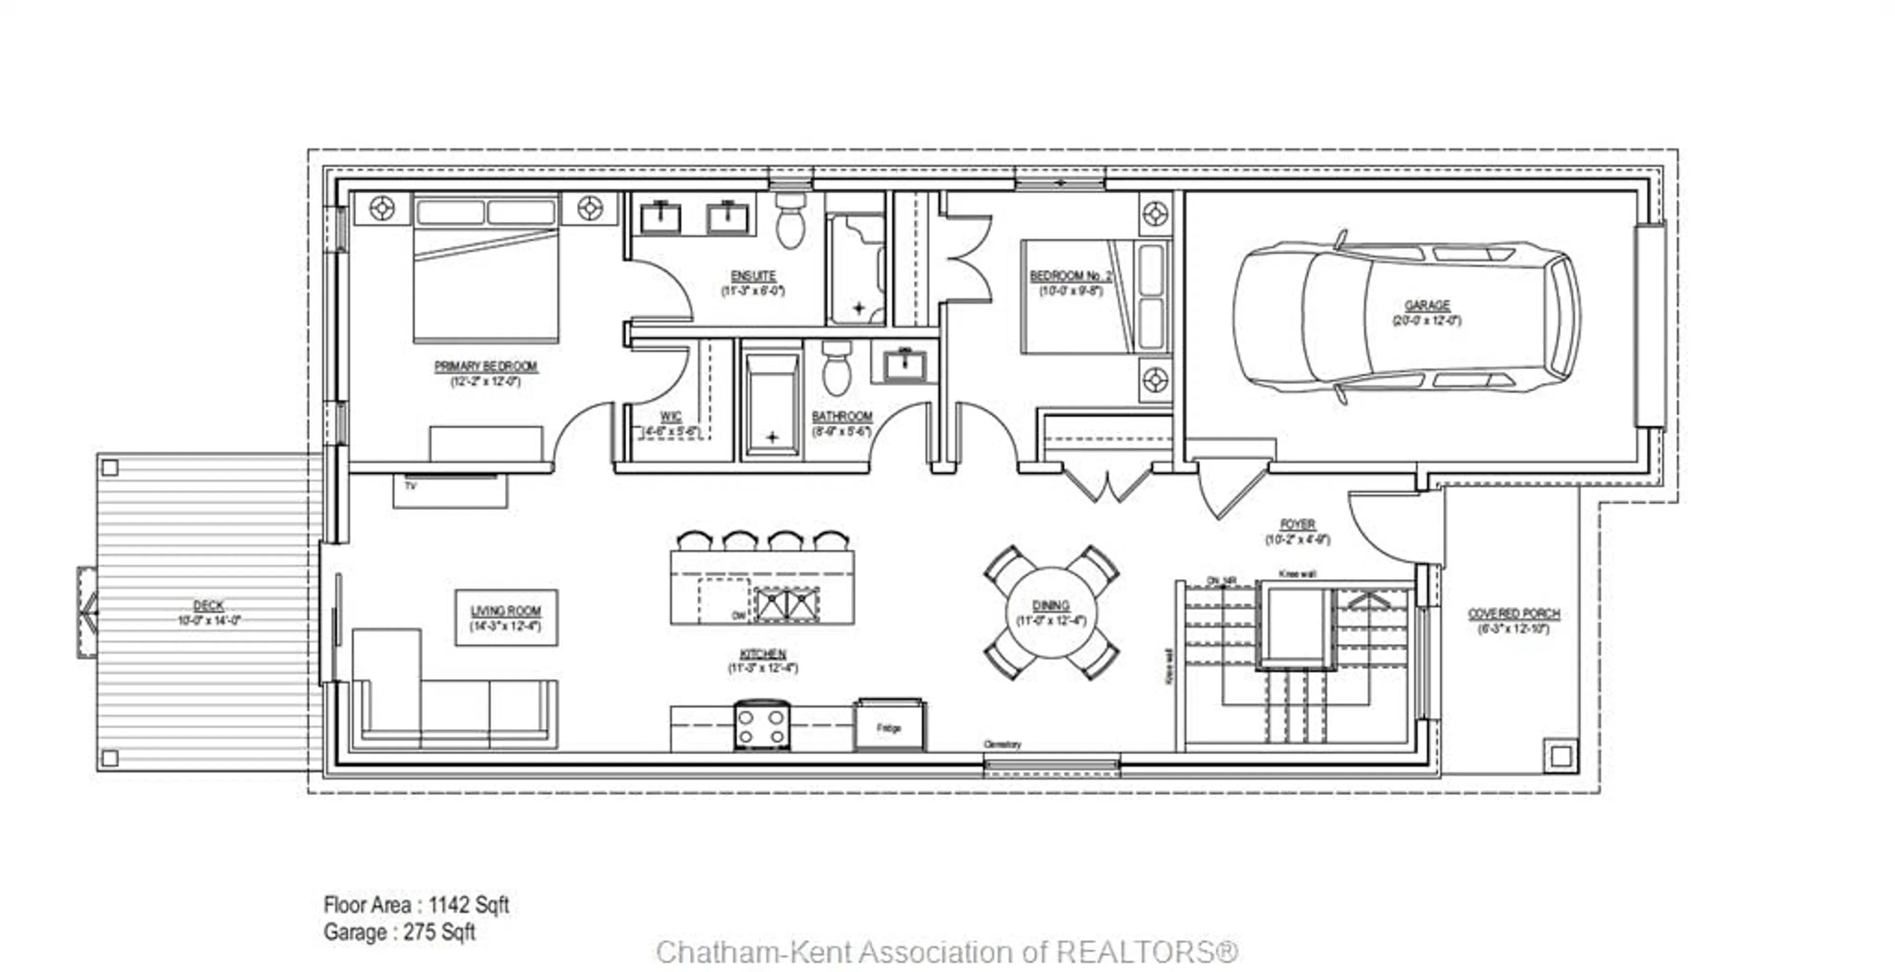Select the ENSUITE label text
(753, 276)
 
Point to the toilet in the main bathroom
(836, 367)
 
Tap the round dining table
(1051, 612)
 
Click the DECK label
(208, 606)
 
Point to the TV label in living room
(411, 486)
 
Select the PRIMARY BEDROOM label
(486, 366)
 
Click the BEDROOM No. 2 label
(1070, 276)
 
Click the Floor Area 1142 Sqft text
(417, 904)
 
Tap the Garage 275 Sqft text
(399, 933)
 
